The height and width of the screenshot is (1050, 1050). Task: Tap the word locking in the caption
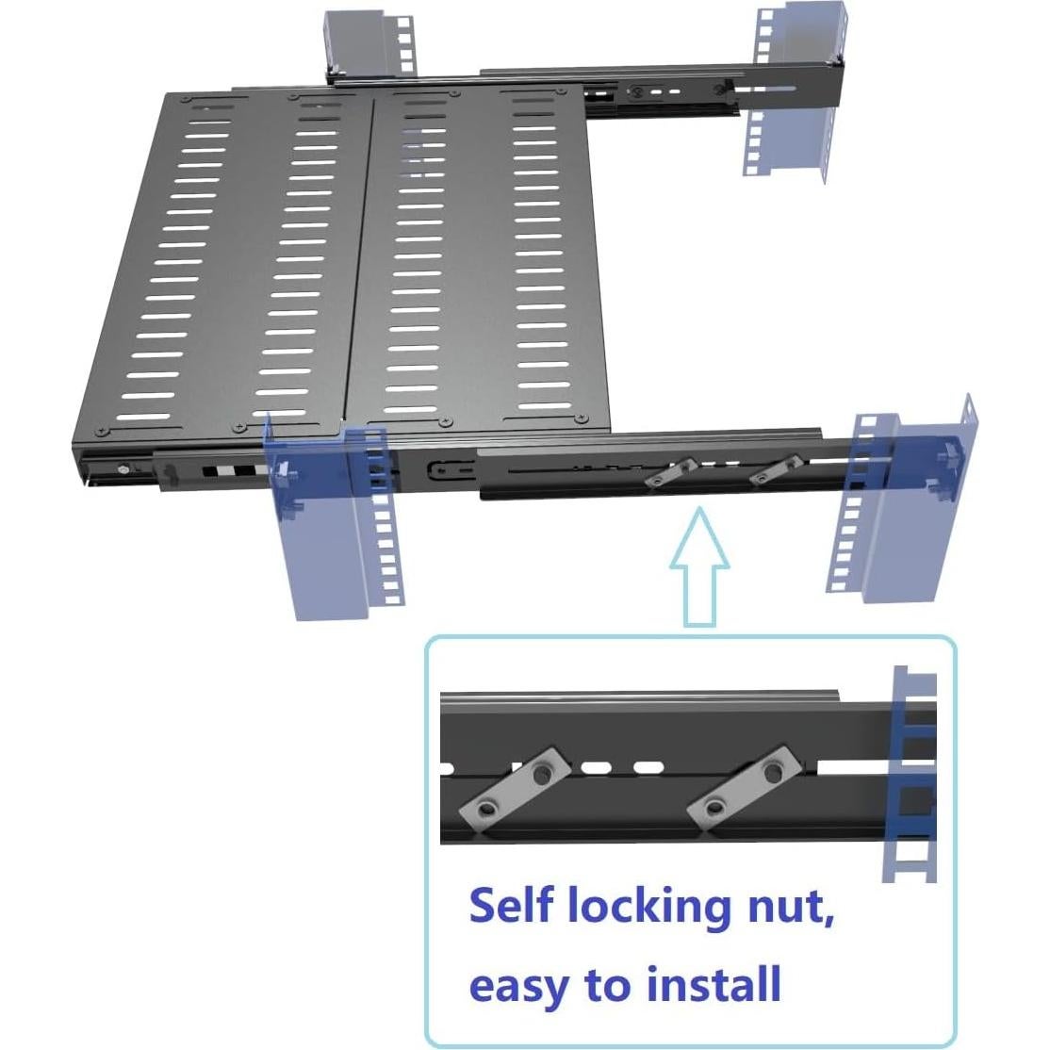647,907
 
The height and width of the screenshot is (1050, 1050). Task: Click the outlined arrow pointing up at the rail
698,566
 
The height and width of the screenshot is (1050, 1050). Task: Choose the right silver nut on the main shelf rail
774,469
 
